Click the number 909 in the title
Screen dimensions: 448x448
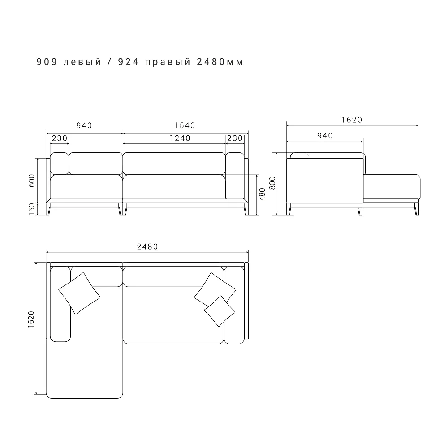click(47, 62)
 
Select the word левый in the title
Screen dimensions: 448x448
click(82, 62)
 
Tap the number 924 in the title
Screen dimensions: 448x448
click(128, 62)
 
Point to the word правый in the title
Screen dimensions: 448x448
click(168, 62)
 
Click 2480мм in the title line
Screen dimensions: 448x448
click(220, 62)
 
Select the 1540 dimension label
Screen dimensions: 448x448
click(185, 125)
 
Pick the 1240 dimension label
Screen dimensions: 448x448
click(180, 138)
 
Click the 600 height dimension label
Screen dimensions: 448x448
click(32, 181)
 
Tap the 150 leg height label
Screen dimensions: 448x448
click(32, 209)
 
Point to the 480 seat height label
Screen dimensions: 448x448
click(262, 194)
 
